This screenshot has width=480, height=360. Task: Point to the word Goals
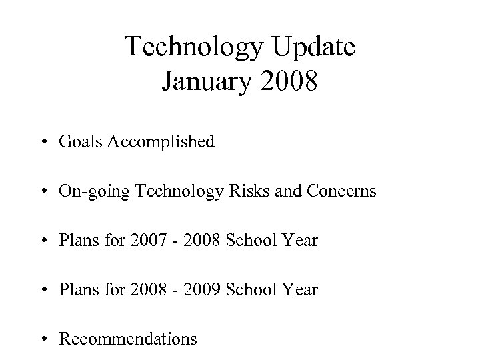pos(78,141)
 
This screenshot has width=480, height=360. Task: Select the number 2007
pos(149,241)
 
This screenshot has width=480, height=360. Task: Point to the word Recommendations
pos(128,339)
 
